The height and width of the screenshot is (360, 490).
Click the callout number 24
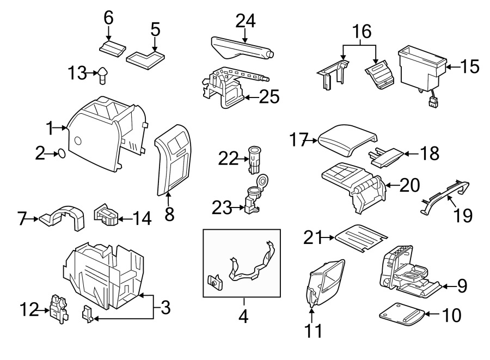[245, 22]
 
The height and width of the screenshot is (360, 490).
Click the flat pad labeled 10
[401, 314]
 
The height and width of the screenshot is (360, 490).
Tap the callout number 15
[468, 67]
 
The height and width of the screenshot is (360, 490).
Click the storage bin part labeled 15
[421, 67]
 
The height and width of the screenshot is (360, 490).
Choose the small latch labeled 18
[387, 156]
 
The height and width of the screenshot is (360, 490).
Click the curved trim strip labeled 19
[444, 194]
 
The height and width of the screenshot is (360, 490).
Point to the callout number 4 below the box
[243, 316]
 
